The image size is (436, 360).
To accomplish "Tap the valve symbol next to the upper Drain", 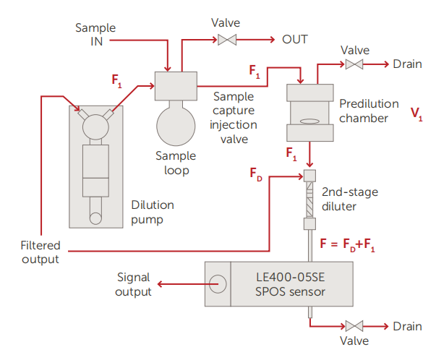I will pyautogui.click(x=354, y=65).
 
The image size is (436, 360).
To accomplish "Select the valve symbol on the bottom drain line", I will pyautogui.click(x=354, y=326).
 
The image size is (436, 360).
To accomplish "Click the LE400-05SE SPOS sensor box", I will pyautogui.click(x=278, y=281).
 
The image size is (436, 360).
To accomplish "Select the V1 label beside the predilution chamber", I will pyautogui.click(x=416, y=113).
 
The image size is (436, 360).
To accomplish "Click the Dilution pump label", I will pyautogui.click(x=153, y=211).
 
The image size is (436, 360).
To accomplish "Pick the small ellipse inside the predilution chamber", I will pyautogui.click(x=309, y=122).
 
